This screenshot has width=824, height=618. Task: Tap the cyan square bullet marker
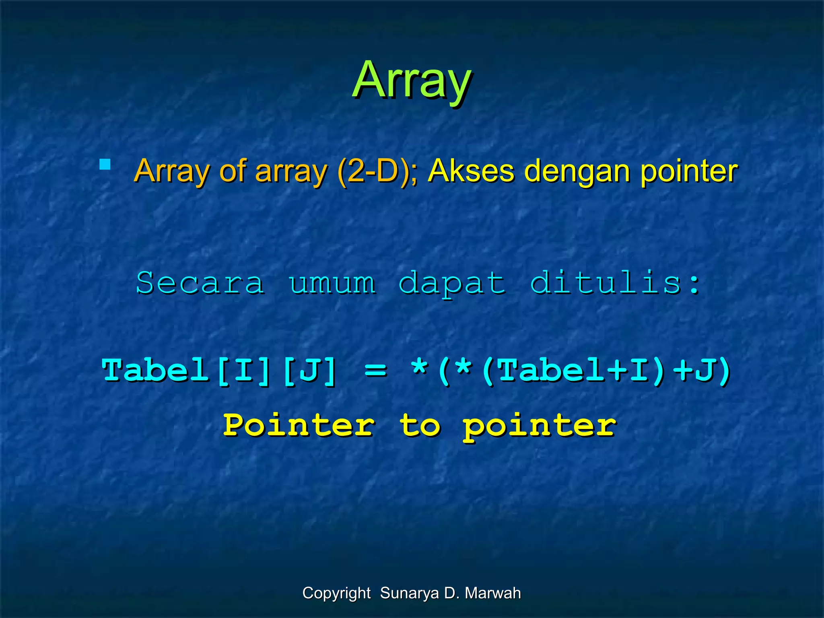[105, 165]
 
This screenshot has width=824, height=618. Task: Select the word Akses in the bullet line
[471, 171]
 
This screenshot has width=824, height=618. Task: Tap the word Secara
[200, 283]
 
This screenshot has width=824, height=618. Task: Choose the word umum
[332, 283]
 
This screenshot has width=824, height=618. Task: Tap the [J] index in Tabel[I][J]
[309, 371]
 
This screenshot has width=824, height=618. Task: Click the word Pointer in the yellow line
[299, 425]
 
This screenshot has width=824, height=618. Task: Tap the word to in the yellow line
[420, 425]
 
